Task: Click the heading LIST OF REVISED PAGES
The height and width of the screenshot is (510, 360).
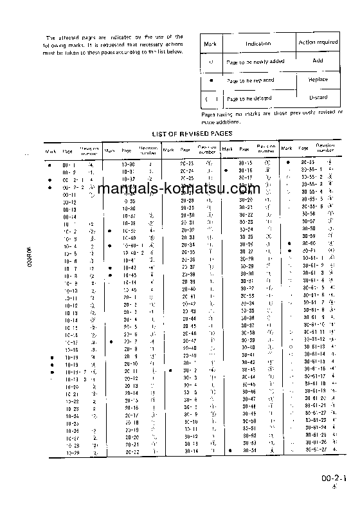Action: click(x=192, y=133)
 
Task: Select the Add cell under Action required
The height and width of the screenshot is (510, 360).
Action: click(x=318, y=60)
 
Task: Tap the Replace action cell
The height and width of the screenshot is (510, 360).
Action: click(x=318, y=79)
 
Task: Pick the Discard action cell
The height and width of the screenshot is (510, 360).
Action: click(x=318, y=97)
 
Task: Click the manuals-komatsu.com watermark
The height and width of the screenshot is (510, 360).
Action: click(x=179, y=189)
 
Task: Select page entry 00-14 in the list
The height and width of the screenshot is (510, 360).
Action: click(x=70, y=217)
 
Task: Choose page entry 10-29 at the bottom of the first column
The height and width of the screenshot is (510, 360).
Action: click(x=71, y=452)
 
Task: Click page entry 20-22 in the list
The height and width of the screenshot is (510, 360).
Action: click(x=132, y=452)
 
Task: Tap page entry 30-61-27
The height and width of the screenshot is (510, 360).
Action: click(x=314, y=450)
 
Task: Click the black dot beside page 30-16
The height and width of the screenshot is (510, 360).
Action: click(x=226, y=170)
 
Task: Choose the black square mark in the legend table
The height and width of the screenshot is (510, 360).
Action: click(x=210, y=80)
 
